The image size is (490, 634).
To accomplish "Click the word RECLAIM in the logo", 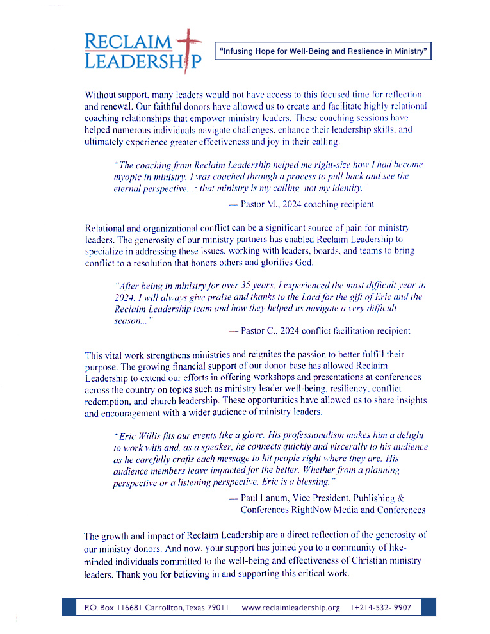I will (x=127, y=42).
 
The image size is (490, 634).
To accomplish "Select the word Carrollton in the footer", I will (x=167, y=607).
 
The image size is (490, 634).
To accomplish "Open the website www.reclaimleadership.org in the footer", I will (x=291, y=607).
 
